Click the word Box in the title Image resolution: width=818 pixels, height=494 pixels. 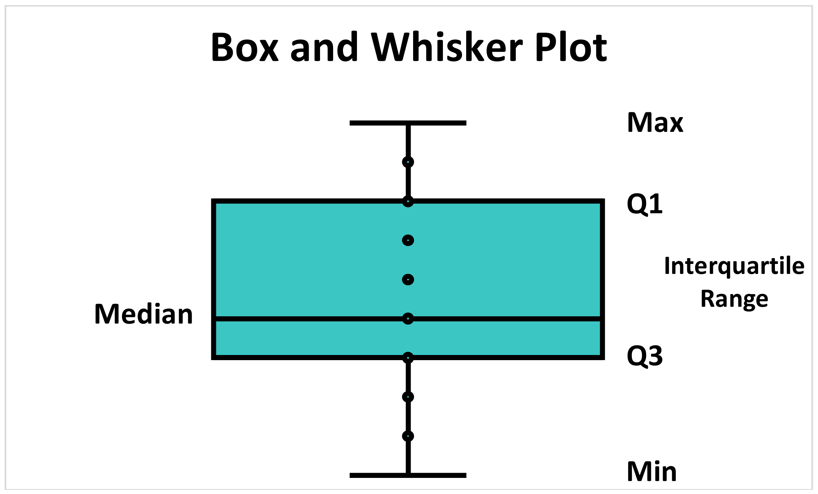click(x=244, y=47)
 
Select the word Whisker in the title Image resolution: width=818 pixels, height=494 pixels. click(x=447, y=47)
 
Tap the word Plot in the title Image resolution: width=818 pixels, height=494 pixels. click(x=571, y=47)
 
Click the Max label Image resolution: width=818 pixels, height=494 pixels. click(x=655, y=123)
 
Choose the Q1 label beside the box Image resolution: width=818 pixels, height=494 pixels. click(x=644, y=204)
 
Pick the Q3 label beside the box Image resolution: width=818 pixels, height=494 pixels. click(x=644, y=356)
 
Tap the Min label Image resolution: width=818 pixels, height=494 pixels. click(x=652, y=472)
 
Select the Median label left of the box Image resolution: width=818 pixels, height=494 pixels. click(x=143, y=314)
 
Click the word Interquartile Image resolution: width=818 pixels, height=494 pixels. click(x=734, y=266)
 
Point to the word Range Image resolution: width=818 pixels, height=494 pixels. click(x=734, y=299)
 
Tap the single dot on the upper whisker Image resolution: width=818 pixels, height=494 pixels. click(x=408, y=162)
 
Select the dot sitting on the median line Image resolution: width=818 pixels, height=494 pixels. click(x=408, y=319)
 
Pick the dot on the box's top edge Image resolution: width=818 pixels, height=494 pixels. click(x=408, y=201)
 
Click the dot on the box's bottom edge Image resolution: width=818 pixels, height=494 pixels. click(x=408, y=358)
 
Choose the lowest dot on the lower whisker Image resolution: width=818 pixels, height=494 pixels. click(x=408, y=436)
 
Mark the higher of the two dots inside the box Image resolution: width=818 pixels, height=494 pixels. click(x=408, y=240)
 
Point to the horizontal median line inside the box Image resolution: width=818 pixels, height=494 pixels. click(x=308, y=319)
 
